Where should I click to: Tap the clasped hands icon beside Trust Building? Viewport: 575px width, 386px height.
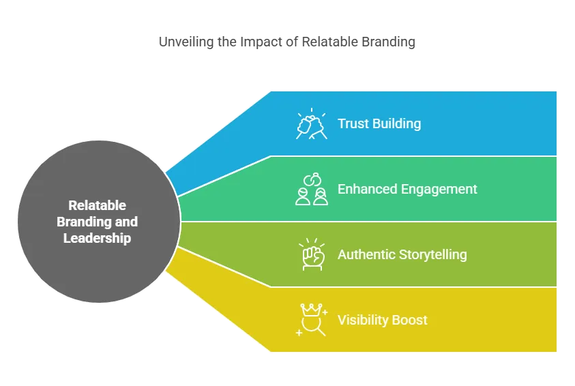coord(311,124)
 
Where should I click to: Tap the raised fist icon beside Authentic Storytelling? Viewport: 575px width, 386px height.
coord(312,254)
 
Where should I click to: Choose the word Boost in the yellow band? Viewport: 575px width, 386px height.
coord(413,320)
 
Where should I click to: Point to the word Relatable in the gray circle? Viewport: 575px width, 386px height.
coord(97,205)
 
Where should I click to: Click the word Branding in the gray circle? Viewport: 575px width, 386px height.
coord(84,222)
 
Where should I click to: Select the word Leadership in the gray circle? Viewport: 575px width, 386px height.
coord(97,238)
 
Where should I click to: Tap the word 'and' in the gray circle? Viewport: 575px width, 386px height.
coord(126,222)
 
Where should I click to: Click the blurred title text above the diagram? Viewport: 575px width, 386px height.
coord(288,42)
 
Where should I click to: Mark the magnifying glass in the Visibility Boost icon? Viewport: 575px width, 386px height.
coord(314,327)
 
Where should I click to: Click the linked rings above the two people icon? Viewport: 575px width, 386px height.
coord(311,180)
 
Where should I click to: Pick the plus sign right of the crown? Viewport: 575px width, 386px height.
coord(325,312)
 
